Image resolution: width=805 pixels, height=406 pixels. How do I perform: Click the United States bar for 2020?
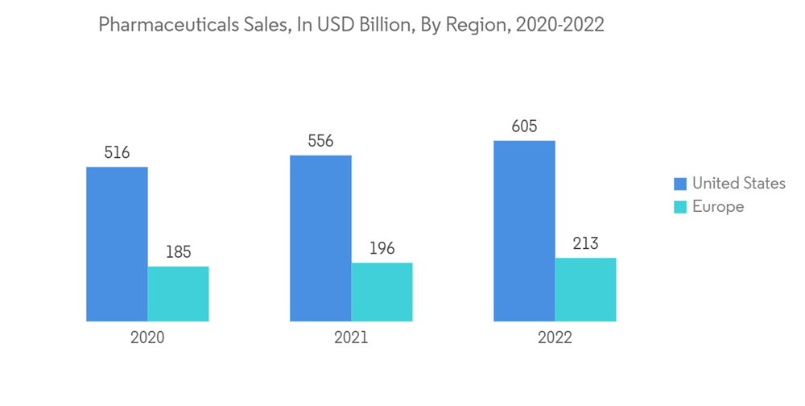coord(117,244)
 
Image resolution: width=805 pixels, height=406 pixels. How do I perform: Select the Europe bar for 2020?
coord(178,294)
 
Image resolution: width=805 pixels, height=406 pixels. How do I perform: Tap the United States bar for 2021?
coord(320,238)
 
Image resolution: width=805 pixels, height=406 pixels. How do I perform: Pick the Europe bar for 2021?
coord(382,292)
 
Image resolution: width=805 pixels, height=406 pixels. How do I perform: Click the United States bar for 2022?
coord(524,231)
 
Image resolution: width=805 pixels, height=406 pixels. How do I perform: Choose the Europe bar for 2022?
coord(585,290)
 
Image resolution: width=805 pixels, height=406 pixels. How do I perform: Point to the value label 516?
coord(117,152)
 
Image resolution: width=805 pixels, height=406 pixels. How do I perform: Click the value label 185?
coord(178,252)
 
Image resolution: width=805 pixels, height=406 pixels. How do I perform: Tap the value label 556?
coord(320,141)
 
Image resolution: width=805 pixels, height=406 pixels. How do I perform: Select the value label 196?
coord(382,248)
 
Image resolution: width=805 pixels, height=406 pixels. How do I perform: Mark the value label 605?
coord(524,126)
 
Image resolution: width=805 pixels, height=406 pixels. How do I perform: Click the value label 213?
coord(585,243)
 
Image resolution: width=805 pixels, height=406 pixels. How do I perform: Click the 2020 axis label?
coord(147,338)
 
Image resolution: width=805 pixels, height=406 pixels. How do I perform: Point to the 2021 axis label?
coord(351,338)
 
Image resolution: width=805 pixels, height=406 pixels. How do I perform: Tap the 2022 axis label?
coord(555,338)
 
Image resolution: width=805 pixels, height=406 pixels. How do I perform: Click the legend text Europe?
coord(718,207)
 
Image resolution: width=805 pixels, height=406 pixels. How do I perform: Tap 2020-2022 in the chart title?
coord(559,26)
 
